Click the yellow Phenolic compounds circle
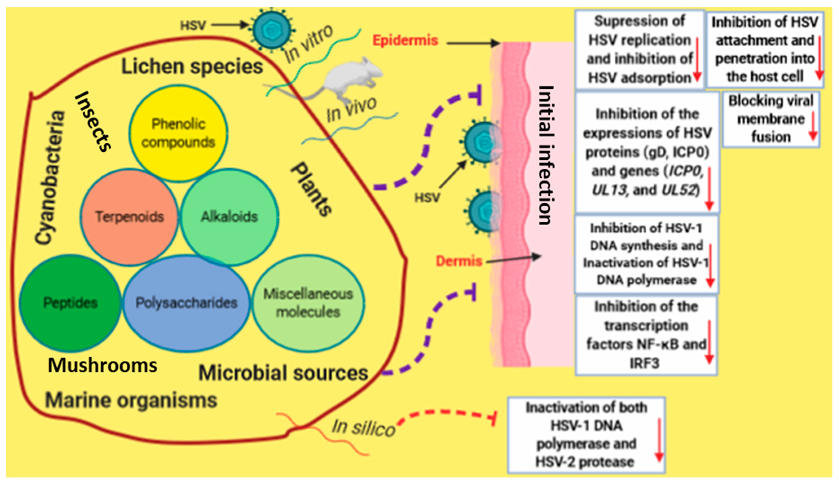point(178,133)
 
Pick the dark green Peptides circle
point(70,303)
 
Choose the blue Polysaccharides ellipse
point(186,303)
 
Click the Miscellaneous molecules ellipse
point(308,303)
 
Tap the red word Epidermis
point(405,40)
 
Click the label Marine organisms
point(131,400)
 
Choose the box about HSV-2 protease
point(586,434)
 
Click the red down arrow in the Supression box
point(697,60)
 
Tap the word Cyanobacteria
point(50,177)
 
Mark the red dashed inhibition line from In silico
point(444,413)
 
